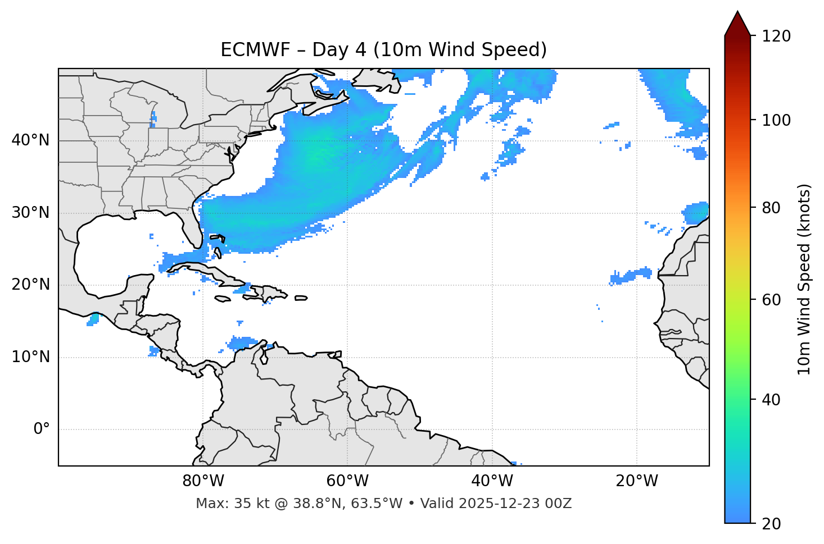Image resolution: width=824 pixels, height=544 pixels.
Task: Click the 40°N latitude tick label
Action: (30, 140)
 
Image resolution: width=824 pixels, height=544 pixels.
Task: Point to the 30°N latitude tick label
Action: (30, 213)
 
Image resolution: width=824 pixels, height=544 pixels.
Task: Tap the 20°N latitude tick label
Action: (30, 285)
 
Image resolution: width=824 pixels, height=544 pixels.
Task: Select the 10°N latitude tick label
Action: (30, 357)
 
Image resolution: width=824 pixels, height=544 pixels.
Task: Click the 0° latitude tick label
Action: (42, 429)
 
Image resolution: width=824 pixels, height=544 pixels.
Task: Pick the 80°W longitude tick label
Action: (203, 481)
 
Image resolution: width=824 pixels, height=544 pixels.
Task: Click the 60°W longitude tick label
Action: (347, 481)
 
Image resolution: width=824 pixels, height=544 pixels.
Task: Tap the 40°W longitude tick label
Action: (492, 481)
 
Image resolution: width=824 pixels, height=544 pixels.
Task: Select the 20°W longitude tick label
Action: (636, 481)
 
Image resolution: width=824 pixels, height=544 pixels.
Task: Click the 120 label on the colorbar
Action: (776, 36)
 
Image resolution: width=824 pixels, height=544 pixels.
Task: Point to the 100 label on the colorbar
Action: (776, 120)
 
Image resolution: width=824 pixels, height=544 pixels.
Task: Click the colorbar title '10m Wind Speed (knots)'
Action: (804, 279)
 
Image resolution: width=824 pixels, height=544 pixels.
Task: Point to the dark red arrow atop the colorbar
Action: (737, 24)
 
